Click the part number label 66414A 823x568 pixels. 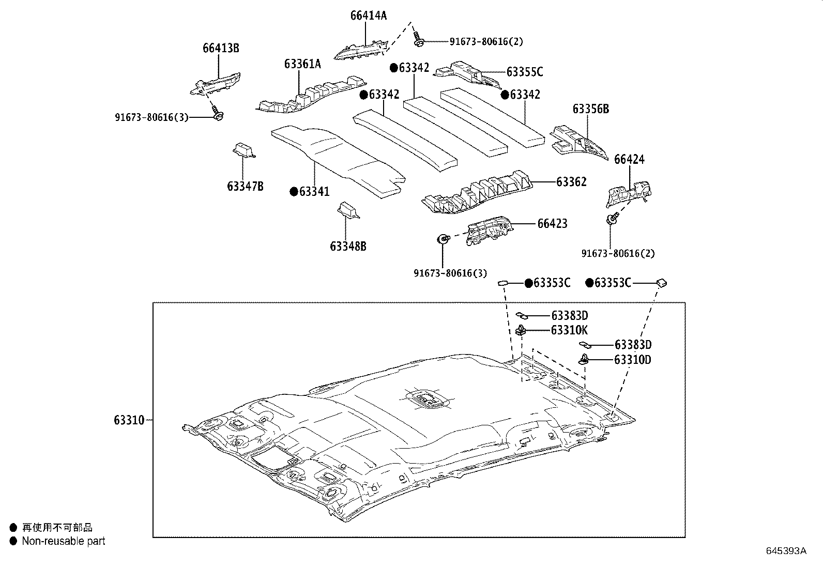pyautogui.click(x=368, y=16)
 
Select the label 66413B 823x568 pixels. pyautogui.click(x=221, y=49)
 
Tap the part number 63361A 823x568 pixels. pyautogui.click(x=302, y=64)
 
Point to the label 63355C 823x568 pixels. pyautogui.click(x=524, y=72)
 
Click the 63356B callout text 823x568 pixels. pyautogui.click(x=590, y=109)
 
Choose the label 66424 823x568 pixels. pyautogui.click(x=629, y=159)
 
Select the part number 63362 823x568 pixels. pyautogui.click(x=571, y=182)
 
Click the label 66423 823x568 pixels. pyautogui.click(x=552, y=223)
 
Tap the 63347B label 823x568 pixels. pyautogui.click(x=245, y=186)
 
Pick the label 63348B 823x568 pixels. pyautogui.click(x=348, y=246)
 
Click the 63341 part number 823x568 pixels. pyautogui.click(x=314, y=192)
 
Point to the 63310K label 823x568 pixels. pyautogui.click(x=569, y=330)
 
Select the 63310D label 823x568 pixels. pyautogui.click(x=632, y=360)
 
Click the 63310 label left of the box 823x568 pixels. pyautogui.click(x=129, y=420)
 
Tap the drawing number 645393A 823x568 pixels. pyautogui.click(x=786, y=551)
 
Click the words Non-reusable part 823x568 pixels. pyautogui.click(x=63, y=541)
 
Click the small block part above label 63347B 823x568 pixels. pyautogui.click(x=242, y=150)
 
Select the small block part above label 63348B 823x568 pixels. pyautogui.click(x=347, y=210)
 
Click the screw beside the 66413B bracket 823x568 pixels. pyautogui.click(x=218, y=115)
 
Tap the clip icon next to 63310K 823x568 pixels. pyautogui.click(x=521, y=330)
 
